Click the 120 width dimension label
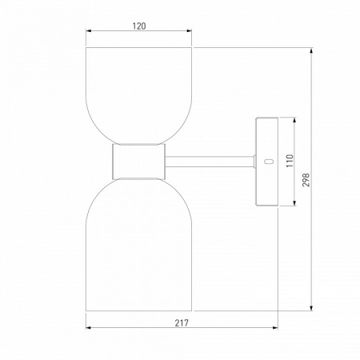[x=139, y=26]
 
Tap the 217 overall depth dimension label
[x=182, y=323]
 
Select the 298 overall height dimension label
[x=306, y=180]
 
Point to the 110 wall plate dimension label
[x=290, y=161]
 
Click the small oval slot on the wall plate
[x=269, y=162]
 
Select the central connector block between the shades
[x=138, y=162]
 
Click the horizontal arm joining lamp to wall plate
[x=210, y=162]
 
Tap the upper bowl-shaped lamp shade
[x=138, y=96]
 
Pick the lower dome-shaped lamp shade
[x=138, y=244]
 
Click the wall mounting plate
[x=267, y=162]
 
